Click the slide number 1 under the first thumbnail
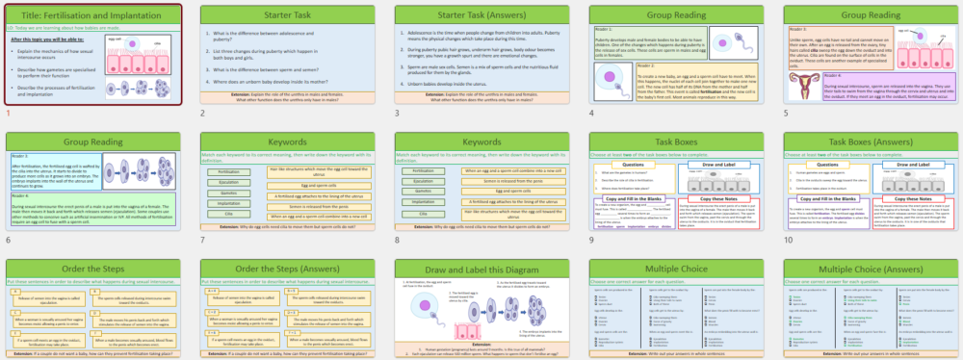[x=8, y=114]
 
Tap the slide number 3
[x=397, y=114]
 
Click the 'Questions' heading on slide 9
[x=633, y=165]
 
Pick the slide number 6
[x=8, y=241]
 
